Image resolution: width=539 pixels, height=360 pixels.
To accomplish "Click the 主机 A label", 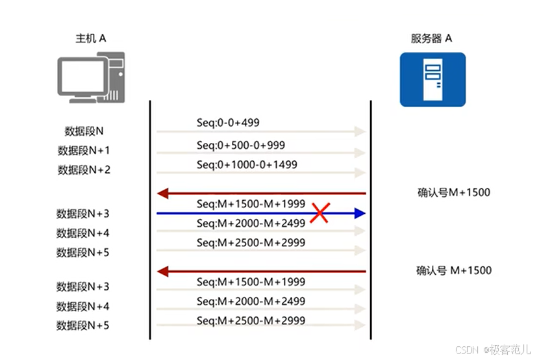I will tap(90, 38).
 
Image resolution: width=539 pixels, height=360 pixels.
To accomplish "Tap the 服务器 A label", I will tap(431, 38).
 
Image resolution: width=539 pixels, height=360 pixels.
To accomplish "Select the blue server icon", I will tap(432, 79).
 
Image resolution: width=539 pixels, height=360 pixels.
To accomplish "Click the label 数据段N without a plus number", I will tap(84, 131).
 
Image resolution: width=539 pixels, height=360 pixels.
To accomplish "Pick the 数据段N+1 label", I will tap(84, 151).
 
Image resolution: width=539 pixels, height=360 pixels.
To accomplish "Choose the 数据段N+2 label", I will tap(84, 170).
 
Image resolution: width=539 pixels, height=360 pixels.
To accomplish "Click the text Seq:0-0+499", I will tap(229, 122).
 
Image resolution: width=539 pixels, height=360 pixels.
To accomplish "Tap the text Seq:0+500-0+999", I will tap(241, 145).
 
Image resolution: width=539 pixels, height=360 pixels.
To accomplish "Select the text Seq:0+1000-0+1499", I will tap(247, 165).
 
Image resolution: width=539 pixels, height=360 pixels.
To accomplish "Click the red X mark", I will tap(319, 213).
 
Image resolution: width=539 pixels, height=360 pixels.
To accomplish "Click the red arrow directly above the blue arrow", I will tap(260, 193).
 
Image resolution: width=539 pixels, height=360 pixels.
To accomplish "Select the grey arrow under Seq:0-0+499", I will tap(260, 132).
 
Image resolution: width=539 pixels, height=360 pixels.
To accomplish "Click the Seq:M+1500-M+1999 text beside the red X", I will tap(251, 204).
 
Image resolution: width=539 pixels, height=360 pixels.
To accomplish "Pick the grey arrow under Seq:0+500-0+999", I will tap(260, 153).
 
